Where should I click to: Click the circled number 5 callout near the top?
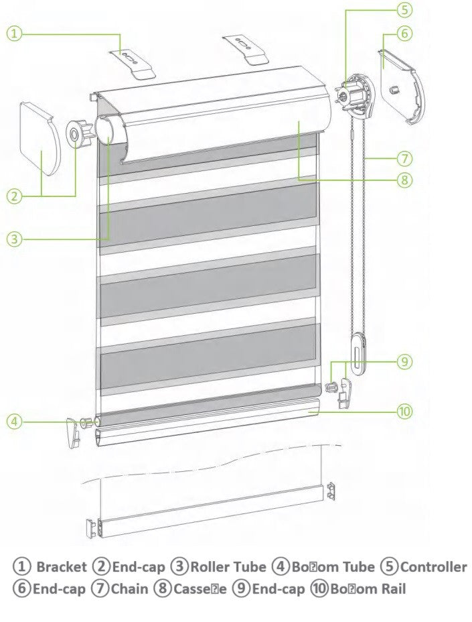click(403, 9)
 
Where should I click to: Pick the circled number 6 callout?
click(403, 32)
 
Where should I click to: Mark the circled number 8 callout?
click(403, 179)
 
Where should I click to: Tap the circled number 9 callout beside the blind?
click(403, 361)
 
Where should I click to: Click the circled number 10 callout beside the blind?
click(403, 411)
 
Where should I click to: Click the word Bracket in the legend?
click(61, 567)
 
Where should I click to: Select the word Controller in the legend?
click(433, 567)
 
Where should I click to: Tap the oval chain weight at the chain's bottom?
click(358, 353)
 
